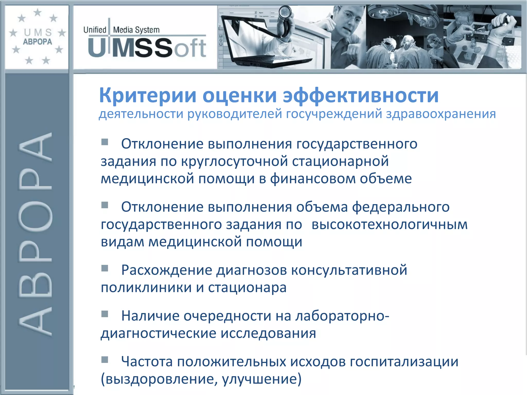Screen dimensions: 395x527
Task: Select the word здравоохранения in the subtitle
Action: [x=441, y=114]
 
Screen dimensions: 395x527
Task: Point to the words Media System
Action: [x=136, y=30]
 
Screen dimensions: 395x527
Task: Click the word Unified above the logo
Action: [x=95, y=30]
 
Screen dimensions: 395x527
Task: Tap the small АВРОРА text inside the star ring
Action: [x=38, y=42]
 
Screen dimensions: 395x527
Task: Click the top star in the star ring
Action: [x=38, y=12]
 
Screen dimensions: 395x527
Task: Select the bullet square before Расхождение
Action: [x=104, y=268]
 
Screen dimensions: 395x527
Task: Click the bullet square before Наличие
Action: [x=104, y=314]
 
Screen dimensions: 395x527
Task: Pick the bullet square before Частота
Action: [x=104, y=360]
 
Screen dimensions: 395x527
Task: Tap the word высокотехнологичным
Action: [x=389, y=225]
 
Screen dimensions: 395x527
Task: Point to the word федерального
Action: [x=401, y=207]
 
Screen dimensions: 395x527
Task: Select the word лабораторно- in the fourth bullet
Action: [x=342, y=316]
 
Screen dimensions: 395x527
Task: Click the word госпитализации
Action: [x=404, y=362]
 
